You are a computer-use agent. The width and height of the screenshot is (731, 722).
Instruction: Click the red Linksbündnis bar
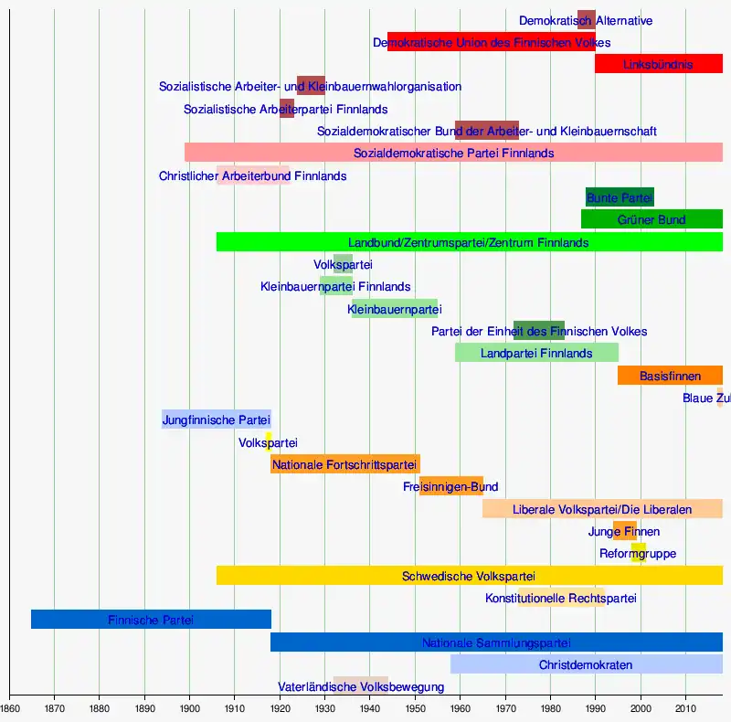(x=658, y=64)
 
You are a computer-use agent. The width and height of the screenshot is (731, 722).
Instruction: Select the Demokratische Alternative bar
(x=587, y=20)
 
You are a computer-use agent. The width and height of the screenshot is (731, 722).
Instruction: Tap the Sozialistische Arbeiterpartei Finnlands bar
(x=287, y=109)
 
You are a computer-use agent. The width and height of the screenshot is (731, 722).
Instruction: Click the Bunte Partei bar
(x=620, y=197)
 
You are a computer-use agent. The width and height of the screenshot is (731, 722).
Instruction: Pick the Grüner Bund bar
(x=652, y=219)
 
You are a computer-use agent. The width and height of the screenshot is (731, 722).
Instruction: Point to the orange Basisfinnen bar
(x=670, y=376)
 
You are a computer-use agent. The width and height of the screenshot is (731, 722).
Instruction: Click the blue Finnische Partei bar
(x=151, y=620)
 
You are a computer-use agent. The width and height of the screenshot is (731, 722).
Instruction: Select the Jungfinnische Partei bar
(x=217, y=420)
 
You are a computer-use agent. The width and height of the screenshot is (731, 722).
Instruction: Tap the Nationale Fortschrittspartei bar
(x=344, y=464)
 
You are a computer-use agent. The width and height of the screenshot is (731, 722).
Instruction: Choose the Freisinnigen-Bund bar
(x=450, y=486)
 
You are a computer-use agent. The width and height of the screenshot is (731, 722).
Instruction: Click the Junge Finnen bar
(x=625, y=531)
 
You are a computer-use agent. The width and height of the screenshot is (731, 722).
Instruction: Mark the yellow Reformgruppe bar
(x=638, y=553)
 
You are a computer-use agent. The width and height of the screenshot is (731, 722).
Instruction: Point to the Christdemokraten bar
(x=586, y=664)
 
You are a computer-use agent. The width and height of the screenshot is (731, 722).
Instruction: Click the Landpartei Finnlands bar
(x=536, y=353)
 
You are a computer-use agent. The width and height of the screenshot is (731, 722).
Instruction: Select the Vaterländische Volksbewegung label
(x=361, y=686)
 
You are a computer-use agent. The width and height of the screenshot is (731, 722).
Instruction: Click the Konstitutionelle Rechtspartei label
(x=561, y=598)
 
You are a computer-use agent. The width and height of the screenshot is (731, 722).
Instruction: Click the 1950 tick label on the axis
(x=415, y=707)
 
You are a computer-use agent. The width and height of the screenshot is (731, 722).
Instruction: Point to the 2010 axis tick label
(x=685, y=707)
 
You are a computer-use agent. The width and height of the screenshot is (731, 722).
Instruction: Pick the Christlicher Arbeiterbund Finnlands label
(x=252, y=175)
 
